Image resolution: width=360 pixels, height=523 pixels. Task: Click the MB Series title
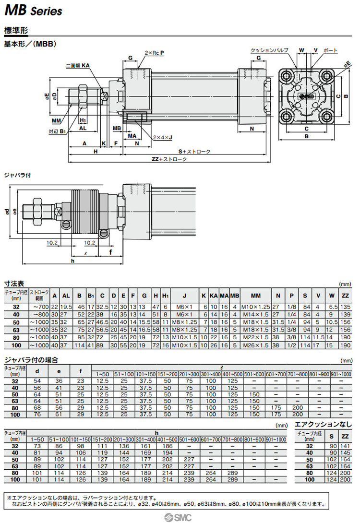tap(34, 10)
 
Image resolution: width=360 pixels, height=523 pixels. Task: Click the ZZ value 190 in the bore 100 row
tap(345, 345)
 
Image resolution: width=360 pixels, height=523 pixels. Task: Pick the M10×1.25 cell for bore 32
tap(255, 307)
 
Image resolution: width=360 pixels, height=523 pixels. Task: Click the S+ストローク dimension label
tap(194, 152)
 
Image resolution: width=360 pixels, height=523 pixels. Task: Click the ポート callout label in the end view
tap(331, 50)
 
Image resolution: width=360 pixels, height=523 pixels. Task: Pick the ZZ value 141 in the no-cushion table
tap(345, 446)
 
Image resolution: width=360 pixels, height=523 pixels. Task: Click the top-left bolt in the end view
tap(288, 75)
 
